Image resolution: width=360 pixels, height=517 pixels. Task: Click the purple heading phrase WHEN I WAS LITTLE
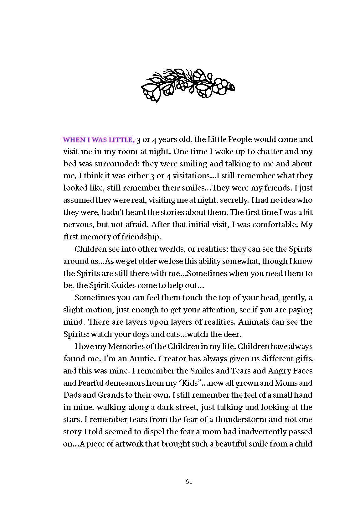99,139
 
